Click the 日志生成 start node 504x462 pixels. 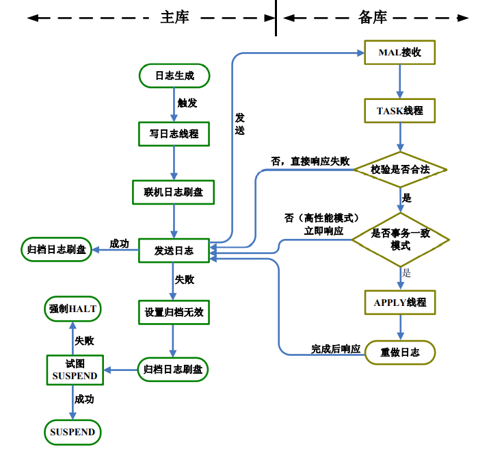click(174, 76)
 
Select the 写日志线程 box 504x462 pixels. click(174, 133)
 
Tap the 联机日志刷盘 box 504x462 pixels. click(174, 192)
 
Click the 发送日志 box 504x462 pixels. click(174, 251)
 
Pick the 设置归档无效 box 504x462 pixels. click(174, 312)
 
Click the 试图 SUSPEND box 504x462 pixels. click(75, 370)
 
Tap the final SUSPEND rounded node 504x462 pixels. click(72, 433)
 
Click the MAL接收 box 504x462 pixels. click(400, 53)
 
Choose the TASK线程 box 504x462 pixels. click(400, 111)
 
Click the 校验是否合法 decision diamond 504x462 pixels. click(400, 170)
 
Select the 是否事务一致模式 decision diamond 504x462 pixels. click(400, 239)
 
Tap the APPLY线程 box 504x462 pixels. click(400, 303)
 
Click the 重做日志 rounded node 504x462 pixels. click(400, 352)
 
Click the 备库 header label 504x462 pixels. click(373, 18)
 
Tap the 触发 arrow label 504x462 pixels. click(187, 103)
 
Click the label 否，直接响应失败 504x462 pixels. click(310, 162)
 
